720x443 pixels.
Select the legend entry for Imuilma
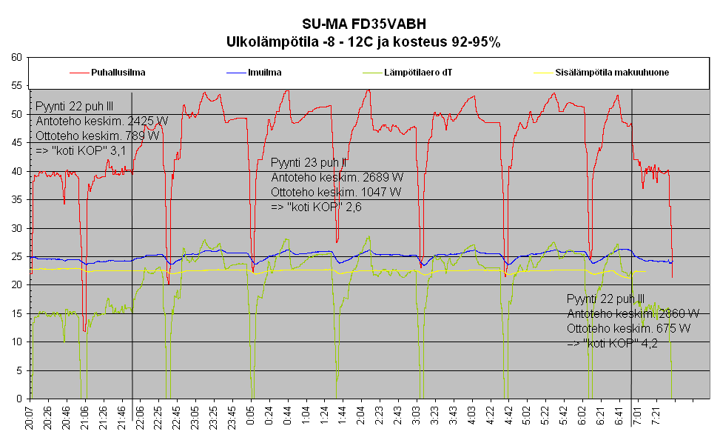point(264,73)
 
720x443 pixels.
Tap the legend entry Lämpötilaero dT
point(418,73)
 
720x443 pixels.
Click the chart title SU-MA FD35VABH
point(363,25)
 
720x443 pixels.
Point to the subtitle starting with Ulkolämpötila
point(363,42)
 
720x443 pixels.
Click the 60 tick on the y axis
point(16,57)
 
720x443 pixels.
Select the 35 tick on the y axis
point(16,200)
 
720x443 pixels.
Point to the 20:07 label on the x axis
point(30,419)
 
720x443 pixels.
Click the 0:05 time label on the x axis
point(252,419)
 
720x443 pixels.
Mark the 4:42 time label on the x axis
point(508,419)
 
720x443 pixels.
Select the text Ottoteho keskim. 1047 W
point(337,192)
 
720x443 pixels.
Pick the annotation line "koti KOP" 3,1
point(81,150)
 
